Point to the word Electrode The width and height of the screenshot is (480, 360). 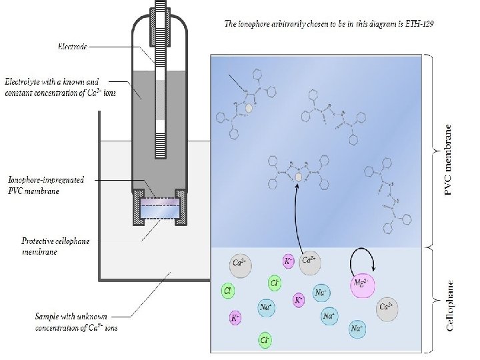pos(72,47)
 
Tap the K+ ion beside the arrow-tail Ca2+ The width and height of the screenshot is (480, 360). pos(289,261)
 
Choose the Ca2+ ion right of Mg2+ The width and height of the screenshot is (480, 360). pos(387,309)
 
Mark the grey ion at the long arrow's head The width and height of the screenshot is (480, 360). pos(299,177)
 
